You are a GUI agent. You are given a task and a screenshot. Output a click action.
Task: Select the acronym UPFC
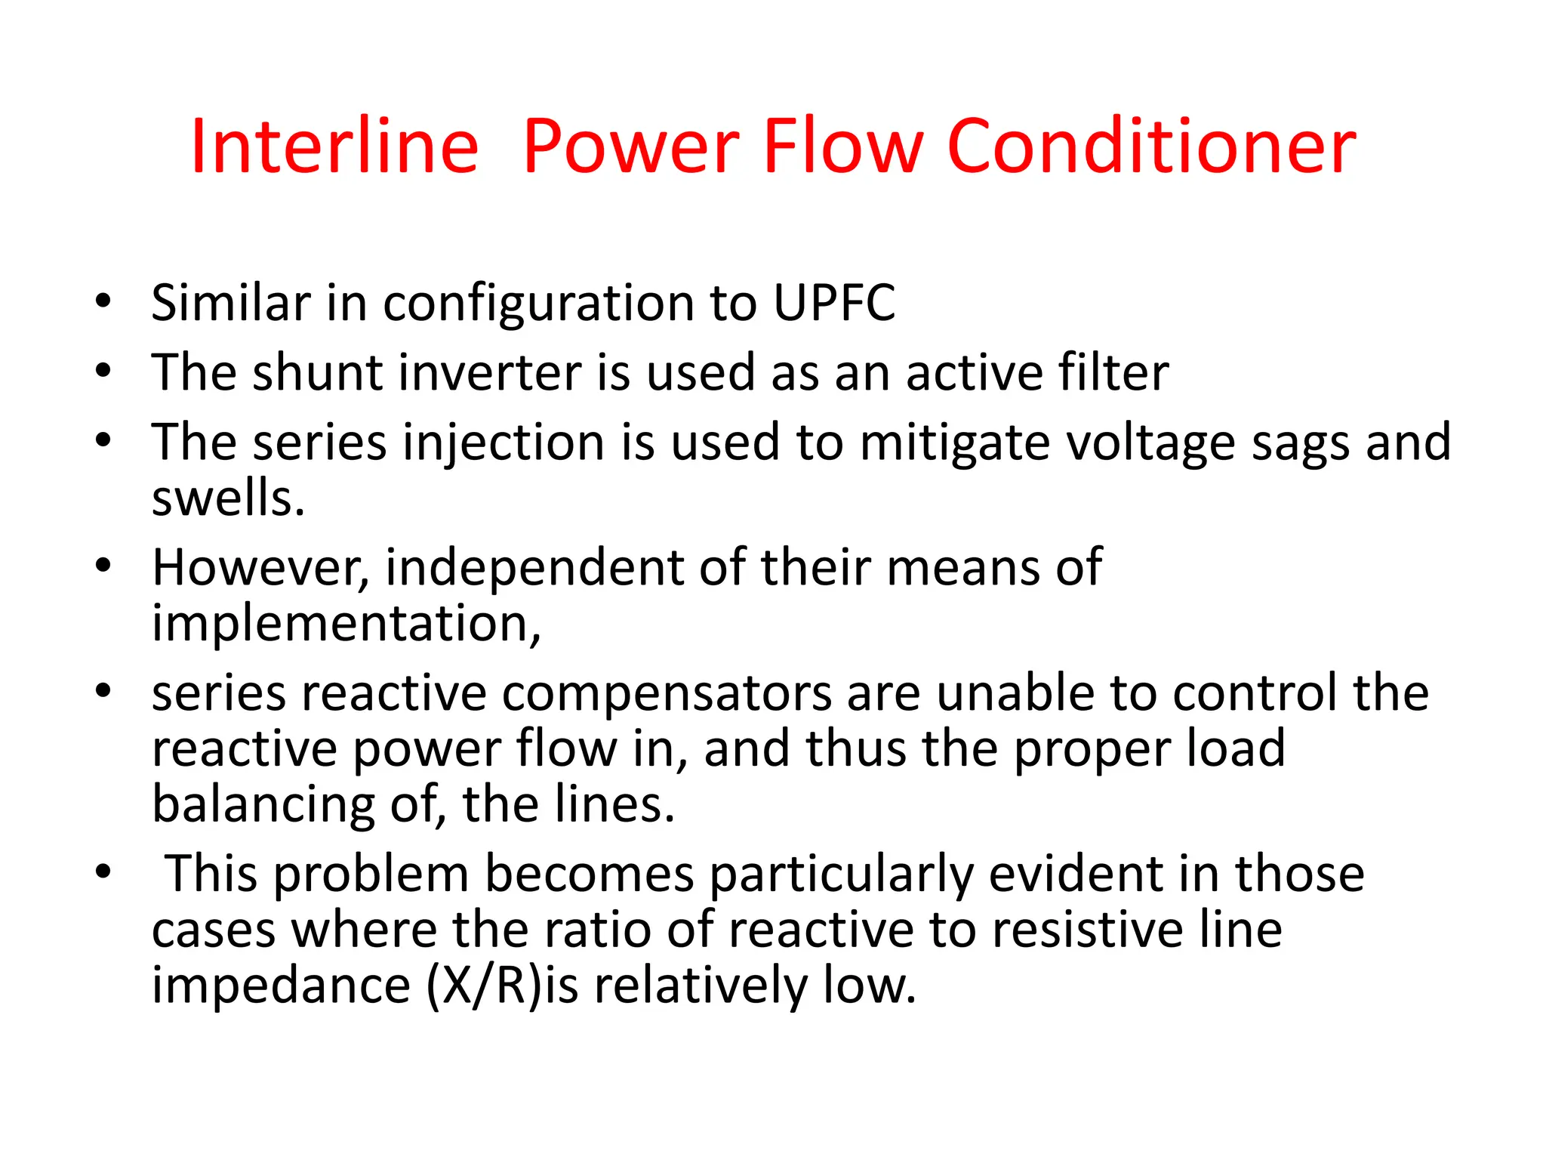click(834, 303)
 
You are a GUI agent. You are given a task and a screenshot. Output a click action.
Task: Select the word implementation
click(346, 624)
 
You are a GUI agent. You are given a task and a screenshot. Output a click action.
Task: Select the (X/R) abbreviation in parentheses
click(485, 986)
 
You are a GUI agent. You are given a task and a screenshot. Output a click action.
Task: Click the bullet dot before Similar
click(103, 302)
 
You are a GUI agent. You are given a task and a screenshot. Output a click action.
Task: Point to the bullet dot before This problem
click(103, 873)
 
